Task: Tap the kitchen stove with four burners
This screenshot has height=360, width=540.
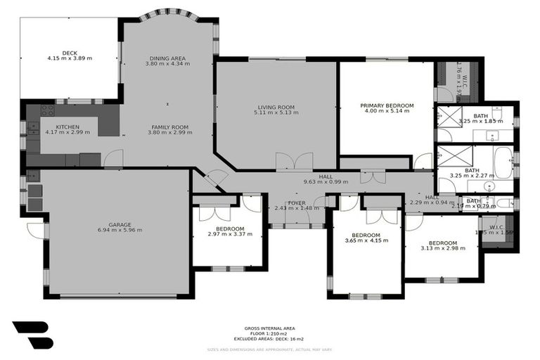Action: tap(48, 110)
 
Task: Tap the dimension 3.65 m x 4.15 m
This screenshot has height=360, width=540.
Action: tap(366, 240)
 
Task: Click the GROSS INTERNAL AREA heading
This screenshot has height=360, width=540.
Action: tap(269, 328)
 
